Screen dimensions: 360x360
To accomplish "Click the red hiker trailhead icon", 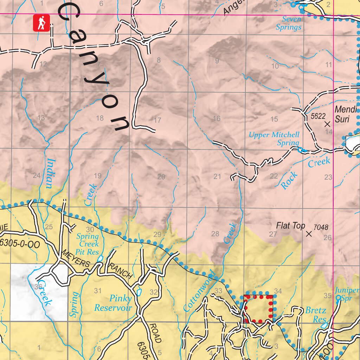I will tap(41, 23).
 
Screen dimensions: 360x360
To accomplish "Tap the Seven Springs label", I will tap(288, 23).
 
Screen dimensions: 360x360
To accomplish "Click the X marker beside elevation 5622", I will tap(327, 124).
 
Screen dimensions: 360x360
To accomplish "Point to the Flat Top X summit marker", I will tap(309, 234).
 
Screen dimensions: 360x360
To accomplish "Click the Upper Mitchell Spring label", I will tap(274, 139).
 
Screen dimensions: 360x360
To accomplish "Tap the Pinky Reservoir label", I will tap(113, 303).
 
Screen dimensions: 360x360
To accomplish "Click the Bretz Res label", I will tap(315, 315).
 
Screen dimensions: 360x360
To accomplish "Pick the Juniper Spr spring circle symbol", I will tap(338, 298).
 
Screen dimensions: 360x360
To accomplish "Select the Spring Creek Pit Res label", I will tap(88, 244).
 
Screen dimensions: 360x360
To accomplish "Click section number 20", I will tap(161, 177).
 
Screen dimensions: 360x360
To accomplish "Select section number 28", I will tap(215, 233).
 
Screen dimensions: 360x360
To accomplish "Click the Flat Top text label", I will tap(290, 226).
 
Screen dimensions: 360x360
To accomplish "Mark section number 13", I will tap(41, 118).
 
